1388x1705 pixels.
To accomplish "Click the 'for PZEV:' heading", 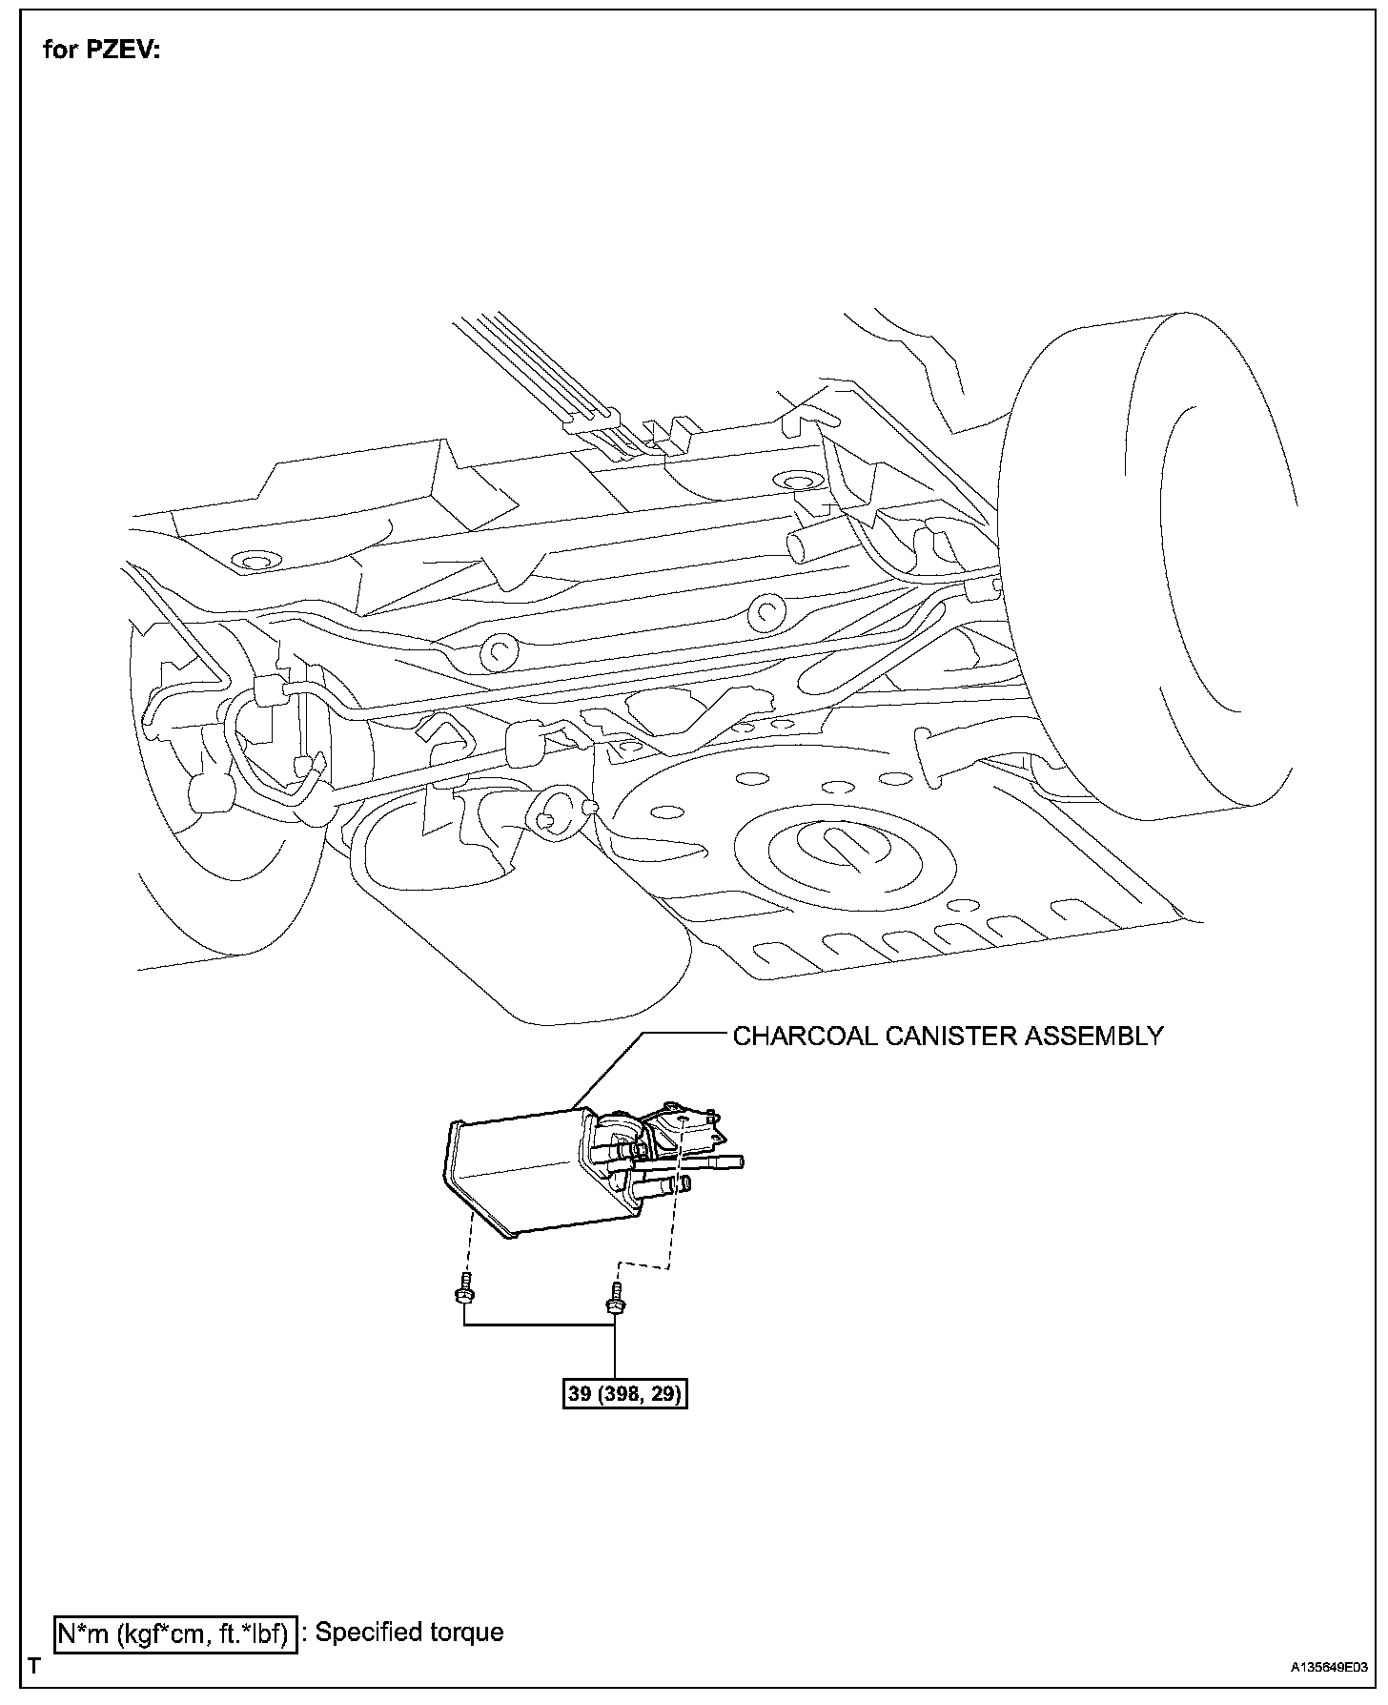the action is [102, 50].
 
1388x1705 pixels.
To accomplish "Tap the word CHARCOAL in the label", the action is [805, 1037].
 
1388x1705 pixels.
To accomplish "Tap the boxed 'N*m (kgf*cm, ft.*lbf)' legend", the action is [173, 1633].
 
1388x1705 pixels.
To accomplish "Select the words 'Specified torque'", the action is [409, 1632].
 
